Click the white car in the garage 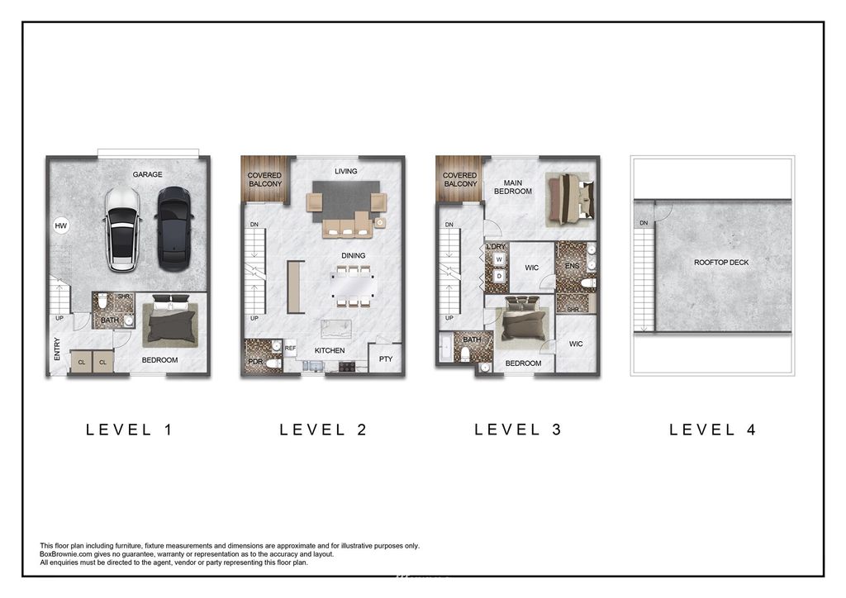point(123,229)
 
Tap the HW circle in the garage point(61,225)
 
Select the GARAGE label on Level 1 point(147,174)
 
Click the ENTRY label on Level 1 point(58,349)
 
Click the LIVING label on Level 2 point(346,171)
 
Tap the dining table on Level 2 point(353,286)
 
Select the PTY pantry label point(386,358)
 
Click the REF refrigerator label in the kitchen point(290,349)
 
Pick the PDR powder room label point(255,361)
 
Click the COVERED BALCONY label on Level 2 point(265,179)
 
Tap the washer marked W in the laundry point(499,259)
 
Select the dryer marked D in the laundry point(499,276)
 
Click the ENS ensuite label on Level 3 point(572,266)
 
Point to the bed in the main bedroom point(570,199)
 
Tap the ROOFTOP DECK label point(721,262)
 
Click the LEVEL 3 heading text point(518,430)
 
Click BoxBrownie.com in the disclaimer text point(64,553)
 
